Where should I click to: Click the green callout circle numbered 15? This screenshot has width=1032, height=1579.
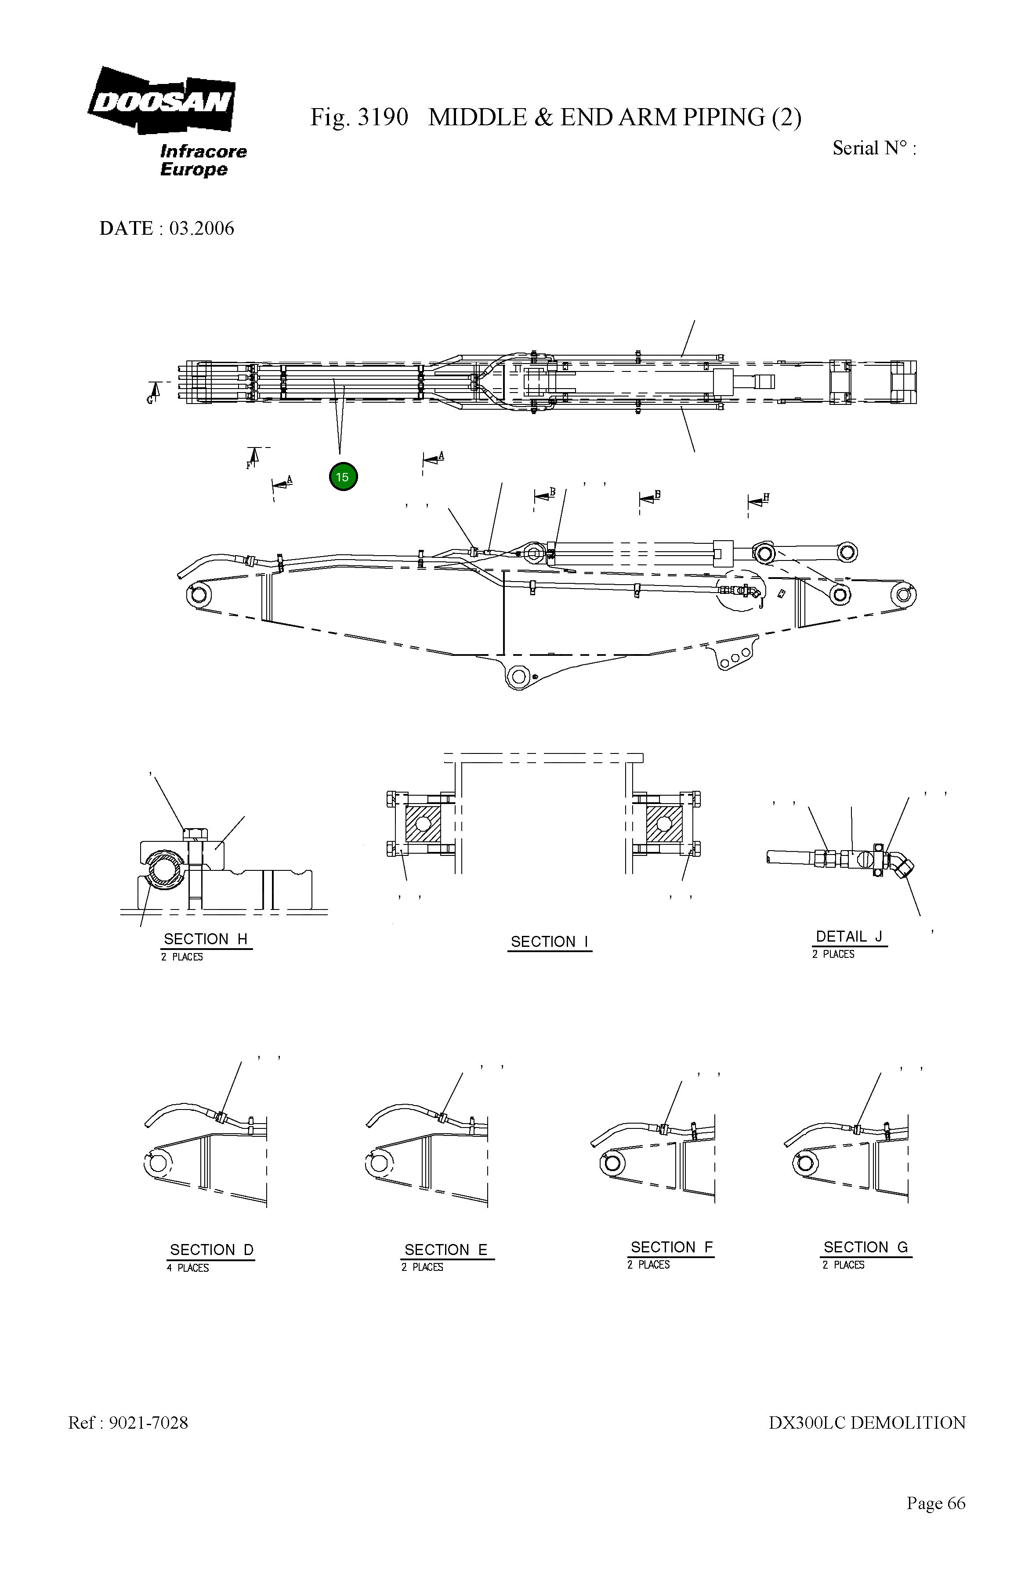(x=343, y=477)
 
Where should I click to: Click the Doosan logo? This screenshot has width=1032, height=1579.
(x=161, y=102)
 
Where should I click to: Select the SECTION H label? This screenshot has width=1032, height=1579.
(x=206, y=939)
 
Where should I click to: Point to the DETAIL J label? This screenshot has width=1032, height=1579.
(x=849, y=936)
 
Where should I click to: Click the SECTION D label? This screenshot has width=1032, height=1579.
(x=212, y=1249)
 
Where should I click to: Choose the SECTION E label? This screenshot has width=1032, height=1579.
(x=445, y=1249)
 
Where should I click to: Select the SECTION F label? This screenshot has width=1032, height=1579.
(x=671, y=1247)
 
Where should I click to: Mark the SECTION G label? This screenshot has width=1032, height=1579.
(x=865, y=1247)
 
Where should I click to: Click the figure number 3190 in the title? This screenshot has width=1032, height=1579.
(x=383, y=117)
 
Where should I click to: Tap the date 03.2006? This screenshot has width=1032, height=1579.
(x=202, y=228)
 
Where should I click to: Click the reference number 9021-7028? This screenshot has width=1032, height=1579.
(x=148, y=1423)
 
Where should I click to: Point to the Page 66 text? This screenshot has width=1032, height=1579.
(x=936, y=1503)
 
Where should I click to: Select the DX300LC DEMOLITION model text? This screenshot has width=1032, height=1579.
(x=867, y=1423)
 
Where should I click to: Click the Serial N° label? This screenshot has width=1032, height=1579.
(x=873, y=148)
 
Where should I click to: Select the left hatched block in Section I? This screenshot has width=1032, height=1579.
(x=423, y=824)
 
